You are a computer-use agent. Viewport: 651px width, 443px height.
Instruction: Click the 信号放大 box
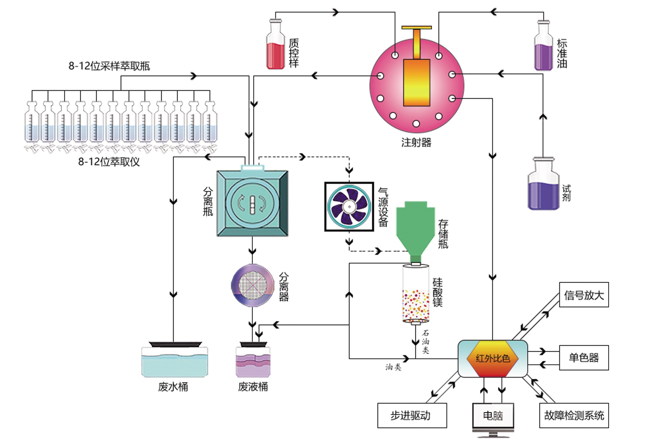tap(584, 295)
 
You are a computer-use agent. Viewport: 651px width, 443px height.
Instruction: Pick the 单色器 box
tap(584, 358)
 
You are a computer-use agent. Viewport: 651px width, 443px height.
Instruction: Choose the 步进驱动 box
tap(412, 415)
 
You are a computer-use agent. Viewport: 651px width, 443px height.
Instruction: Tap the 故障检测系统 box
tap(574, 415)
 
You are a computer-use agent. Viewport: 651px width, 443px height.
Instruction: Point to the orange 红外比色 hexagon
tap(492, 358)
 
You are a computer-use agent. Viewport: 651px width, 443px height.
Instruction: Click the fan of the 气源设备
tap(349, 207)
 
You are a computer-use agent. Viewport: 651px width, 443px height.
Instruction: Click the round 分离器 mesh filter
tap(253, 286)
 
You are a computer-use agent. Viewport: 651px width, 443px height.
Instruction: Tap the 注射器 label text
tap(416, 142)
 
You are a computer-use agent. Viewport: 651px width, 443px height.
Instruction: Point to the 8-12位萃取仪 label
tap(109, 162)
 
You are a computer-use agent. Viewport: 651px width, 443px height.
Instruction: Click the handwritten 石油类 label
tap(425, 341)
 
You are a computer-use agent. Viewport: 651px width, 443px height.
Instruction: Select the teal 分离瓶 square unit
tap(252, 203)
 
